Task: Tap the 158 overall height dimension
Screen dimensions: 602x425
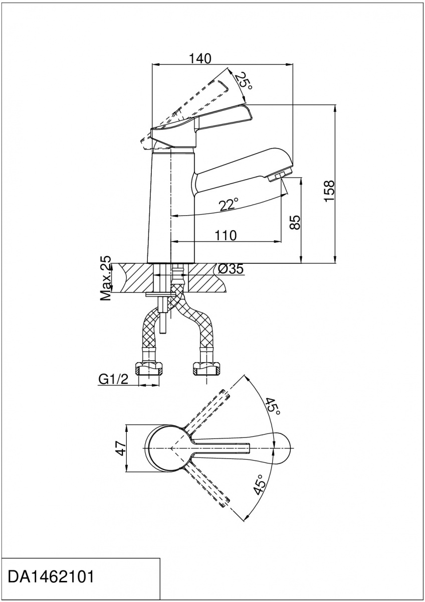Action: (329, 191)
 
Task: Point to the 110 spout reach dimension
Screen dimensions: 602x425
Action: (226, 235)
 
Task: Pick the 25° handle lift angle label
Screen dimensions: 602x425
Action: (244, 81)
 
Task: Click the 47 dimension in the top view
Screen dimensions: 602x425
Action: (120, 448)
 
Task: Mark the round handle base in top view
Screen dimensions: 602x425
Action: (167, 448)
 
